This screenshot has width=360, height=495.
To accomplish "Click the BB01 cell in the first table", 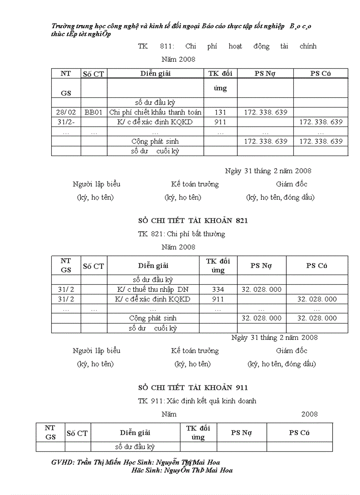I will [x=94, y=112].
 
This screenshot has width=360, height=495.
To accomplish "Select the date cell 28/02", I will [x=66, y=112].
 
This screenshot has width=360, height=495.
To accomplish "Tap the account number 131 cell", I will [x=220, y=112].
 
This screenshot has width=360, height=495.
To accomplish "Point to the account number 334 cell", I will [x=218, y=290].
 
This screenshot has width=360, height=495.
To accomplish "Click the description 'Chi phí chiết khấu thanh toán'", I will [x=155, y=112].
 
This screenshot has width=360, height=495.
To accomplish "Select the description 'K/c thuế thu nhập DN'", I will [x=153, y=290].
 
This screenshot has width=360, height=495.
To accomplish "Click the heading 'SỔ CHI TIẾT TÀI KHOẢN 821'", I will [x=193, y=221].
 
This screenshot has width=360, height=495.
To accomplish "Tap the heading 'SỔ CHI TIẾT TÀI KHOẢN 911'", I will [x=193, y=387].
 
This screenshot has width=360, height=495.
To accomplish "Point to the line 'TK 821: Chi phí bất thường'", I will [x=181, y=234].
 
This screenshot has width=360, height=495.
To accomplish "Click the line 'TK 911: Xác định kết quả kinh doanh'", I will [x=197, y=401].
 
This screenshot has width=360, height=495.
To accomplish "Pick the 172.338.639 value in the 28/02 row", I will [x=265, y=112].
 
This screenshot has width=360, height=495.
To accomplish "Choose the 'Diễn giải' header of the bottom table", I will [x=135, y=433].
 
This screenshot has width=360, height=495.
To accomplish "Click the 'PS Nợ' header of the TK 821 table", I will [x=261, y=266].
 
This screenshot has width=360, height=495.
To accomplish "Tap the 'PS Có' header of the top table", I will [x=320, y=74].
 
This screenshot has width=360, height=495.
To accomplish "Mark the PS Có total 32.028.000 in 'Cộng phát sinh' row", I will [x=317, y=318].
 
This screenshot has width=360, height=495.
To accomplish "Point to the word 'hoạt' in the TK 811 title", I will [x=235, y=46].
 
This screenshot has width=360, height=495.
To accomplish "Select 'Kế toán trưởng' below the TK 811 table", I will [x=195, y=184].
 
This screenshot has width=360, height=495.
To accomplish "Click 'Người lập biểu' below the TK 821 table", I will [x=96, y=351].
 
